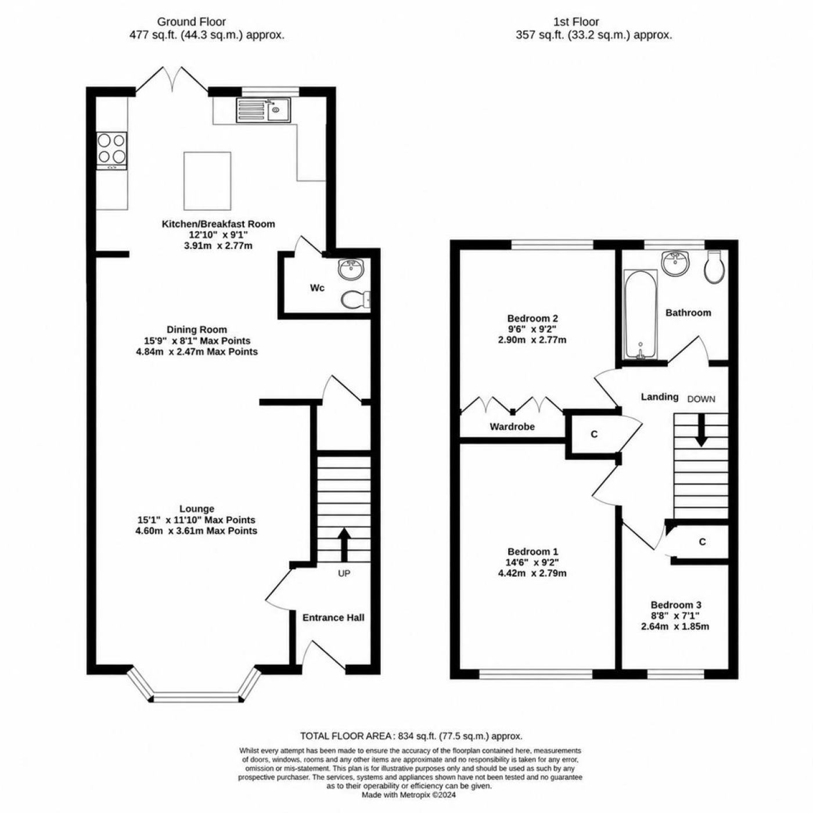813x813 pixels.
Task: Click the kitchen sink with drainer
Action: [x=263, y=110]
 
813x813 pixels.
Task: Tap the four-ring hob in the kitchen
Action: [x=112, y=150]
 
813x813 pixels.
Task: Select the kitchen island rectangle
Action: [x=207, y=181]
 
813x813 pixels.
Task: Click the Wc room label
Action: [x=317, y=287]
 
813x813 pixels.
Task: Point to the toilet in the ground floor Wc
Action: [x=355, y=300]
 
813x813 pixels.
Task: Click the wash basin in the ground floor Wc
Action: [x=351, y=269]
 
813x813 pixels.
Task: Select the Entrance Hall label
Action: [x=333, y=618]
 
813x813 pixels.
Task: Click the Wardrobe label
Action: [x=512, y=427]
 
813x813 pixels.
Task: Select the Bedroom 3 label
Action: [x=676, y=605]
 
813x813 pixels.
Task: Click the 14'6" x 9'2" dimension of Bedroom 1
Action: [x=533, y=562]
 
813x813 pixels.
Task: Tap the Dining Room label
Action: [x=197, y=329]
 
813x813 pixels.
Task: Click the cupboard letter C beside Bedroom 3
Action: [x=703, y=542]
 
